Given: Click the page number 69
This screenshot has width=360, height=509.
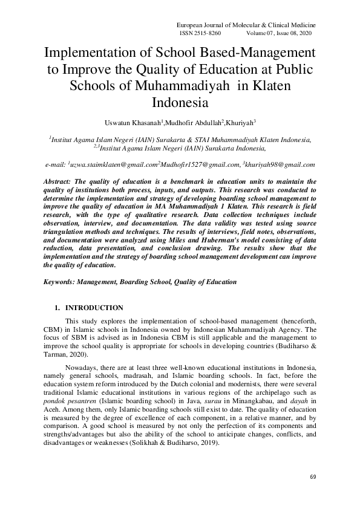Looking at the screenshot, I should tap(313, 477).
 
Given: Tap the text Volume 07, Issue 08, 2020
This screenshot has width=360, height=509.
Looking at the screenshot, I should tap(281, 33).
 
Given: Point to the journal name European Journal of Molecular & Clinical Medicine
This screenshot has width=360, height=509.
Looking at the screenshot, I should tap(246, 25).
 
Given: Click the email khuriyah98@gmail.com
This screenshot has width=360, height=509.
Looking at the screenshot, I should tap(280, 164).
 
